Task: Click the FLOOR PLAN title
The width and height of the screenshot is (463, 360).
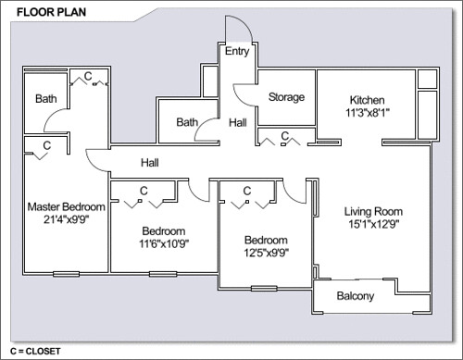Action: tap(51, 12)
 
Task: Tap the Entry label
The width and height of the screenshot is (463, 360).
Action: tap(237, 51)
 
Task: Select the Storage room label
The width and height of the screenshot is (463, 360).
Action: tap(286, 97)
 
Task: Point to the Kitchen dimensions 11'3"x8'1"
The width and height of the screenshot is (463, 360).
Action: tap(368, 113)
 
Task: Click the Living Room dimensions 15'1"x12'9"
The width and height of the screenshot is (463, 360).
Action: tap(374, 224)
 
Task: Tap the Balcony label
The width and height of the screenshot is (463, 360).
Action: tap(356, 296)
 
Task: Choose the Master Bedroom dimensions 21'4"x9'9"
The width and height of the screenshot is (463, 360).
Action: tap(66, 219)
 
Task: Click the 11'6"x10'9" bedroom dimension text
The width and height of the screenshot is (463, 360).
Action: tap(164, 243)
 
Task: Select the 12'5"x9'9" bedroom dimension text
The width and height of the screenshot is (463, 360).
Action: tap(267, 253)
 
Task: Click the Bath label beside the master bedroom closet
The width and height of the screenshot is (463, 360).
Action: tap(46, 99)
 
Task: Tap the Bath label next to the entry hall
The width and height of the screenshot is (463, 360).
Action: tap(187, 122)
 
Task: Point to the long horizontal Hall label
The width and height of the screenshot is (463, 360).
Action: tap(150, 163)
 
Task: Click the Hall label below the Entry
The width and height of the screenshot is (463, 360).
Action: tap(238, 123)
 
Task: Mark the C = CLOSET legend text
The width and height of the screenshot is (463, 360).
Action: tap(35, 351)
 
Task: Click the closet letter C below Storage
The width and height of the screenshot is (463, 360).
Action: tap(285, 136)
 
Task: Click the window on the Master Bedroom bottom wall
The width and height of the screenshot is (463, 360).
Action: tap(66, 274)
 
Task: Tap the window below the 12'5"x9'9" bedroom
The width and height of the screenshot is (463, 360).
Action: tap(264, 289)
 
